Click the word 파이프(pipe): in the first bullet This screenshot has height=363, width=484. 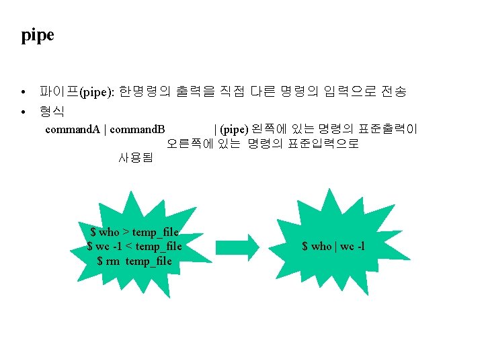click(79, 92)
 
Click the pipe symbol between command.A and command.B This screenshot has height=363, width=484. click(106, 129)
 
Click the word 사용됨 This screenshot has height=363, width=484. click(136, 159)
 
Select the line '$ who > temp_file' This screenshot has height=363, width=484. click(134, 232)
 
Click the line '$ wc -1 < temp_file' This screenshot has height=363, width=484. click(134, 246)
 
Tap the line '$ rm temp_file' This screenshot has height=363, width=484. click(134, 261)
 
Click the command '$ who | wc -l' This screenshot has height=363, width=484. click(333, 246)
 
